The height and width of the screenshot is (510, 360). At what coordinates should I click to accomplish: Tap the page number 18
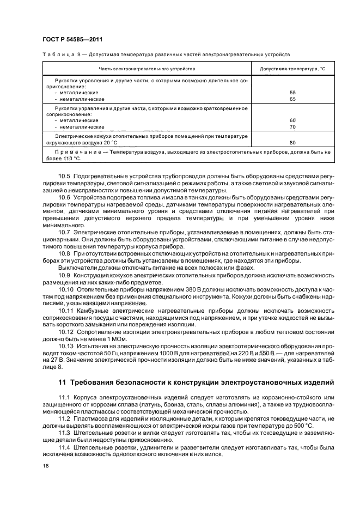(x=46, y=466)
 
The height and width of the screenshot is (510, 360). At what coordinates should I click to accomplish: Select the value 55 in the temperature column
(x=292, y=93)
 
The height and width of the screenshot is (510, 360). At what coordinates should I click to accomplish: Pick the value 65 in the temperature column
(x=292, y=99)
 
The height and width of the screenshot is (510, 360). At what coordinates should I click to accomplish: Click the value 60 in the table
(x=292, y=120)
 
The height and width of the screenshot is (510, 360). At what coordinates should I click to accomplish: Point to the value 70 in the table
(x=292, y=126)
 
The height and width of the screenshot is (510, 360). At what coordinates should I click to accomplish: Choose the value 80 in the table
(x=292, y=143)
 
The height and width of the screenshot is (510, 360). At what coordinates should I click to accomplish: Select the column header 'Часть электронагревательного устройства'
(x=147, y=69)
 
